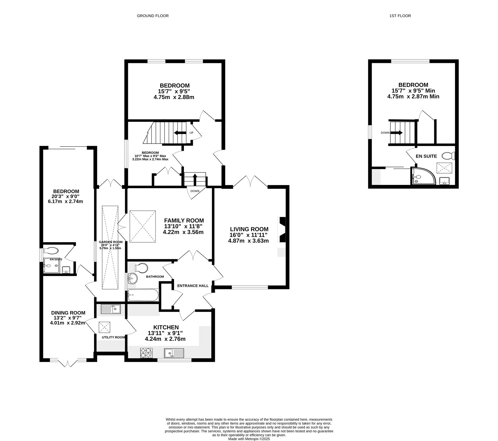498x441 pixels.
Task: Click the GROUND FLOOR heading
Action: tap(153, 16)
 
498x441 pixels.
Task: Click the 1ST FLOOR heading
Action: tap(400, 16)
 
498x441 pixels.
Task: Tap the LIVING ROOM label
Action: tap(249, 229)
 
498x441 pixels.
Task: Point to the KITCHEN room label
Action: tap(166, 327)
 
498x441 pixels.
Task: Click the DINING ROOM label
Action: tap(68, 313)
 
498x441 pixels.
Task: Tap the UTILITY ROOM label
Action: tap(113, 337)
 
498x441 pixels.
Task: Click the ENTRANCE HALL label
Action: tap(193, 286)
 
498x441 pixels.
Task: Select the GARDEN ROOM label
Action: tap(110, 242)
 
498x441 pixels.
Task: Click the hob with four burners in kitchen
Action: tap(147, 353)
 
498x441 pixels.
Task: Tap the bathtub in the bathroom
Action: tap(143, 295)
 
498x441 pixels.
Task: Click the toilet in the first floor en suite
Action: tap(449, 155)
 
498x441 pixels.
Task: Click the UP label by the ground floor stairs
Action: tap(191, 133)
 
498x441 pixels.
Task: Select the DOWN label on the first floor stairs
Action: tap(385, 133)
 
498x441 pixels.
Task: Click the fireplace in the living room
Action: tap(283, 230)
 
